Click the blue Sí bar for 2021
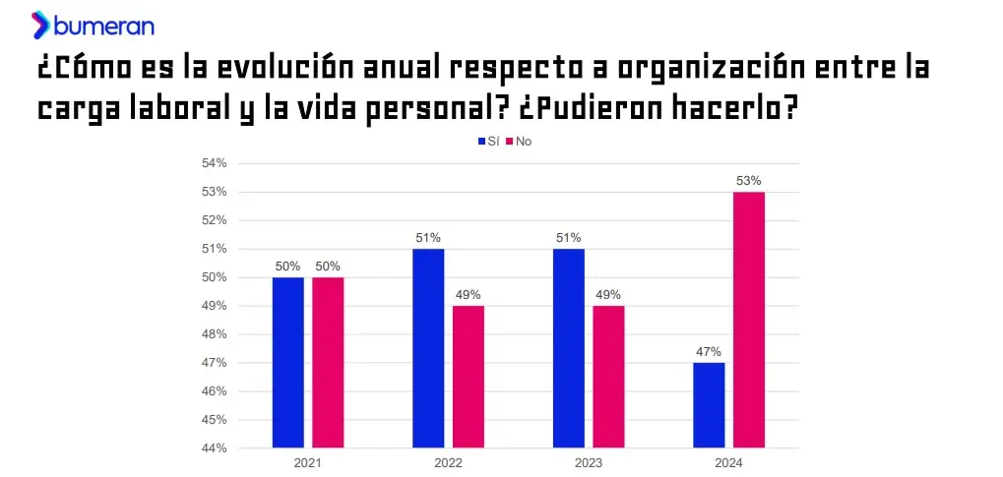coord(288,362)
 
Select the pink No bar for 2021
coord(328,362)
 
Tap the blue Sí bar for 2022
coord(428,348)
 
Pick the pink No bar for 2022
coord(468,377)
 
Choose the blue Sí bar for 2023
coord(568,348)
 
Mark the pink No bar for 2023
coord(608,377)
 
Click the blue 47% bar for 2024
coord(709,405)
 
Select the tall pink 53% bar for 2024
coord(748,320)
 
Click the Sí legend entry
coord(488,142)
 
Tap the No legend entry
coord(519,142)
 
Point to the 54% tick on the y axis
coord(215,163)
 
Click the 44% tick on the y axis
coord(215,448)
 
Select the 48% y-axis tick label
coord(215,334)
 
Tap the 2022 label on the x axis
coord(448,462)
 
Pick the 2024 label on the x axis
coord(728,462)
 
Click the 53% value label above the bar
coord(748,181)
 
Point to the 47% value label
coord(709,352)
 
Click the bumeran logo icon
coord(40,25)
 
